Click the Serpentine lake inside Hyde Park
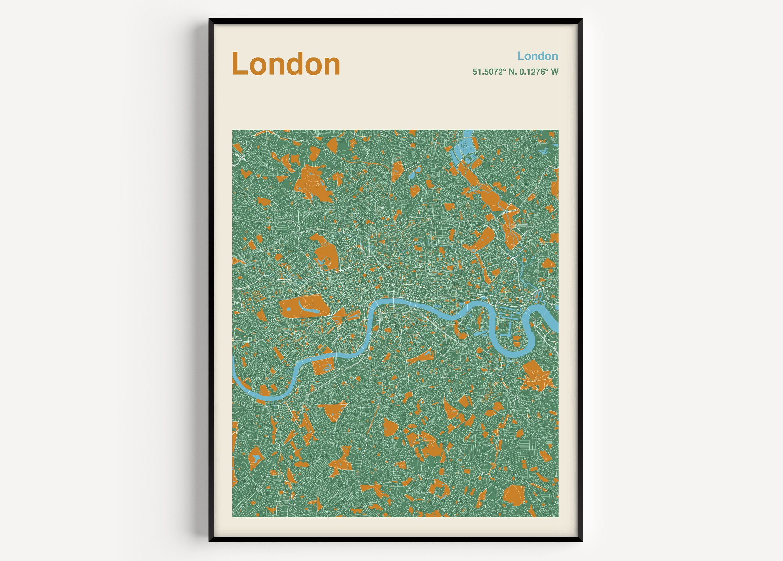[x=301, y=307]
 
